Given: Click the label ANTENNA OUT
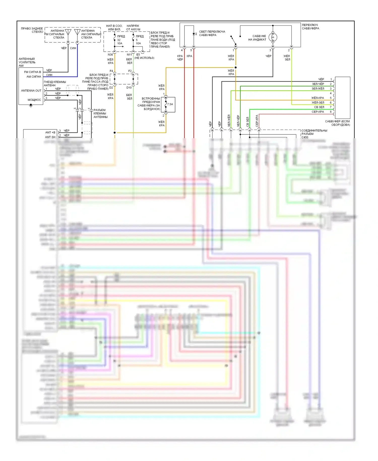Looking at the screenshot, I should point(31,91).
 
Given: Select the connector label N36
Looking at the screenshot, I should point(110,55).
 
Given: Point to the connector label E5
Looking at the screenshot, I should point(138,55).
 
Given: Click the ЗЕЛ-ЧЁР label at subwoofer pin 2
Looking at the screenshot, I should point(318,84).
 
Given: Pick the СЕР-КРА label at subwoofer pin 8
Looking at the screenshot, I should point(318,112).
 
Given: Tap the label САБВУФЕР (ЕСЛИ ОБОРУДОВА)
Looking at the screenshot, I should point(337,123).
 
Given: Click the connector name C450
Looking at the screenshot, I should point(305,137).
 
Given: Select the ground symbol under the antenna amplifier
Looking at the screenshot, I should point(31,105).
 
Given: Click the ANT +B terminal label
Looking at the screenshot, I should point(50,132).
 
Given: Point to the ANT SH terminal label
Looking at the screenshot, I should point(50,137).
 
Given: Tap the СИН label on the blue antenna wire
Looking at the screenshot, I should point(73,48).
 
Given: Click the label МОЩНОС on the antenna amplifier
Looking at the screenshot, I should point(34,100).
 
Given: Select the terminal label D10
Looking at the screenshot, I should point(129,88).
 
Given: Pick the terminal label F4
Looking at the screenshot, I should point(111,71).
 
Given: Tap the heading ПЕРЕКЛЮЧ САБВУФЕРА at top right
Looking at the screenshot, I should point(310,27).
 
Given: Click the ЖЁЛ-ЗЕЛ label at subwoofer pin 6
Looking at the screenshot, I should point(318,103).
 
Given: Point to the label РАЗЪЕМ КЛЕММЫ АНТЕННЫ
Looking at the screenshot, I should point(100,113).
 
